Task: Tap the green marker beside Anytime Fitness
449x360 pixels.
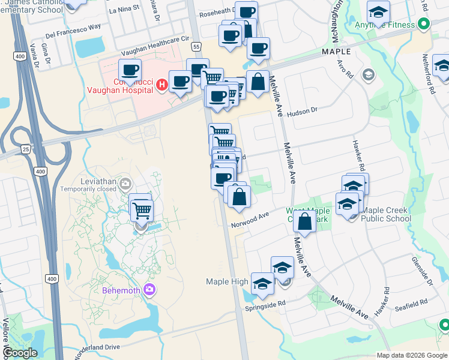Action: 424,25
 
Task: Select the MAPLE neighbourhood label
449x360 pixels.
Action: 336,52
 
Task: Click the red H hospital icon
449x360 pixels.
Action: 161,86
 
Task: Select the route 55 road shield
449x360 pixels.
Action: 196,46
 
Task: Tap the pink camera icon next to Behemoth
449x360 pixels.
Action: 149,290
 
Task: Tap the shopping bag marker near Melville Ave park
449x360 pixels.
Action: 305,221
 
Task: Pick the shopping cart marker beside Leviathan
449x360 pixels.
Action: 142,211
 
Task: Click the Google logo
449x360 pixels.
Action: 19,353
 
